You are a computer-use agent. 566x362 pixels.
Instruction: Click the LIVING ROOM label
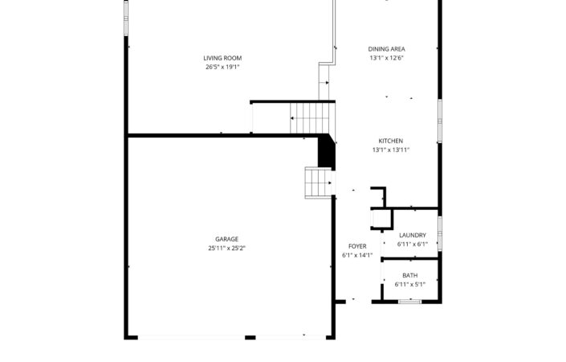(x=222, y=58)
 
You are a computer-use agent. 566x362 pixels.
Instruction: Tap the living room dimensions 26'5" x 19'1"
(x=222, y=67)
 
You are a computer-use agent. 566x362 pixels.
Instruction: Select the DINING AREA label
(x=387, y=49)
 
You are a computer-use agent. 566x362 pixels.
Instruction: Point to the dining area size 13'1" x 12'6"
(x=387, y=58)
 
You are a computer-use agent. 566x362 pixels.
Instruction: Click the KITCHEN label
(x=391, y=141)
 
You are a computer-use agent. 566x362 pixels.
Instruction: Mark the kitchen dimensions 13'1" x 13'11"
(x=391, y=150)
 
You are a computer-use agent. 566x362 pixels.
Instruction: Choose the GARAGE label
(x=226, y=239)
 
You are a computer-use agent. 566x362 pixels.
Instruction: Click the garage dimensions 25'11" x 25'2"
(x=226, y=248)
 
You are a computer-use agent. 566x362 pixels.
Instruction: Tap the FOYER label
(x=357, y=246)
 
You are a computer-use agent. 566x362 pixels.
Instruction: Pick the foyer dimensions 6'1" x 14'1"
(x=357, y=255)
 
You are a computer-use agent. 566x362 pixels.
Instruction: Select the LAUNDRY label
(x=413, y=235)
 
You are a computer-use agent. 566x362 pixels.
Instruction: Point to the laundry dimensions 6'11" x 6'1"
(x=413, y=244)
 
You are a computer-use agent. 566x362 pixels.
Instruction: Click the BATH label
(x=410, y=276)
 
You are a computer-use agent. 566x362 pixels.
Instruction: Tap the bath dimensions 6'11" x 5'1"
(x=410, y=284)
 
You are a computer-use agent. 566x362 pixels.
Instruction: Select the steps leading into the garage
(x=319, y=183)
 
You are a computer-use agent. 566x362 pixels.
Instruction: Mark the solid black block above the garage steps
(x=327, y=150)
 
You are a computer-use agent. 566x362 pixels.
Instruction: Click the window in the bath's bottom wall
(x=410, y=301)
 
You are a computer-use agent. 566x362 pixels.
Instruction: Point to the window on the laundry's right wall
(x=440, y=233)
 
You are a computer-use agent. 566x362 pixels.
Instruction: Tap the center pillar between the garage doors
(x=250, y=337)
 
